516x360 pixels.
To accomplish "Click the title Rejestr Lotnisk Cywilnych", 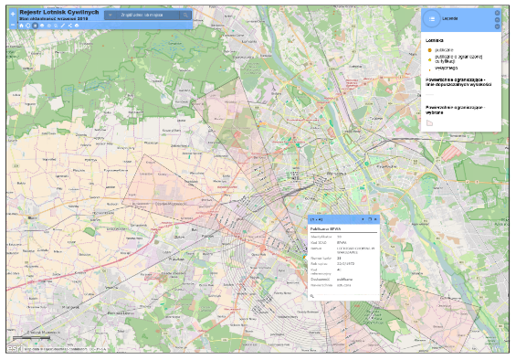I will pos(58,12).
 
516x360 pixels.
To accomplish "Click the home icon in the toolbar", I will pos(21,25).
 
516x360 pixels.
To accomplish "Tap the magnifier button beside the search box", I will pos(186,16).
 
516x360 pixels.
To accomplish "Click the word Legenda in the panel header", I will pos(449,18).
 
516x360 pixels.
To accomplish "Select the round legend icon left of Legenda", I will pos(432,18).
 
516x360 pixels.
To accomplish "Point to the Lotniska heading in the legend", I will pos(435,40).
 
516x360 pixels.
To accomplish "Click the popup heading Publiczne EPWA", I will pos(325,228).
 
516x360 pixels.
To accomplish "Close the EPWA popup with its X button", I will pos(374,220).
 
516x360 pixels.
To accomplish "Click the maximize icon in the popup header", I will pos(369,220).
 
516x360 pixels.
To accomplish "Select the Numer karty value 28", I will pos(339,259).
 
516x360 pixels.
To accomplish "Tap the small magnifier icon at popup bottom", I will pos(312,295).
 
